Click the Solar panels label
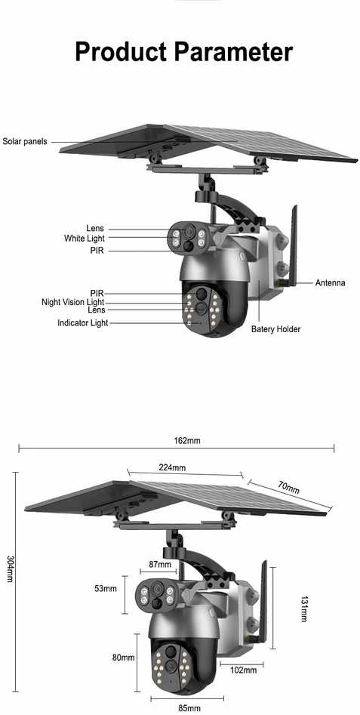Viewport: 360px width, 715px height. (25, 141)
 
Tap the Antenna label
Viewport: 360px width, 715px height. (330, 282)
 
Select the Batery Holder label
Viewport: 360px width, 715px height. (275, 328)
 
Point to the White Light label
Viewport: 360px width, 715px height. (85, 238)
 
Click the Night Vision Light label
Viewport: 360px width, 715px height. (73, 302)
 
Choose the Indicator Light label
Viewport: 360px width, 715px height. (83, 323)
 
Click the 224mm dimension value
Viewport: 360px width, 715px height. (172, 467)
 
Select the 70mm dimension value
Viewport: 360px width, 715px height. (289, 488)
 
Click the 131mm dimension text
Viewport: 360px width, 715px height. (303, 609)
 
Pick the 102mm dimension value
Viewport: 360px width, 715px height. (243, 670)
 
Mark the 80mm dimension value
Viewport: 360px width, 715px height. (124, 657)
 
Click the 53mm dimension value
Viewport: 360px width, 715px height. (106, 588)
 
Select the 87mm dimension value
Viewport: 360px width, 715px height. (160, 565)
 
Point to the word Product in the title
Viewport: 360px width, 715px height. (120, 52)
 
